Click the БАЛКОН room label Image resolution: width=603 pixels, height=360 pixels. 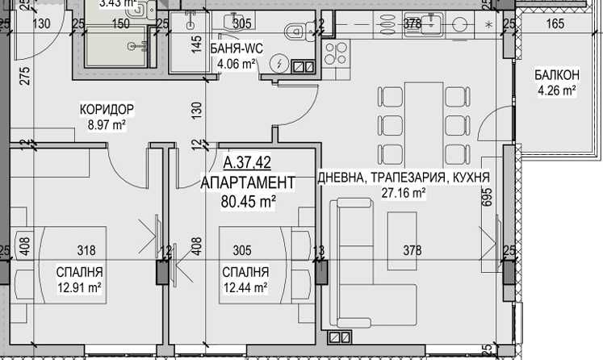pos(556,75)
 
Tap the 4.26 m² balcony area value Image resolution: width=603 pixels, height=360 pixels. pos(556,90)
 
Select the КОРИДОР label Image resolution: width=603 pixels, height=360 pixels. pos(106,109)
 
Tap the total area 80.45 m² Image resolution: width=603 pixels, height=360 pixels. pos(248,201)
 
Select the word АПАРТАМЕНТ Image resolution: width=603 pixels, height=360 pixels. pos(248,182)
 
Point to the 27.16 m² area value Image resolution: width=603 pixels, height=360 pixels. pos(404,193)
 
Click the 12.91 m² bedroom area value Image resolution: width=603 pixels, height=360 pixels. pos(79,287)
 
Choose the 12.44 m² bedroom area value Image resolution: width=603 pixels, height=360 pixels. pos(245,287)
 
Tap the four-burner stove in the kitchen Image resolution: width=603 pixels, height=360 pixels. pos(333,54)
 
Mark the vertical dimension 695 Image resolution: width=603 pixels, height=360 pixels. pos(487,197)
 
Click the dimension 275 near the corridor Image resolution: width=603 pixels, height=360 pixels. pos(24,77)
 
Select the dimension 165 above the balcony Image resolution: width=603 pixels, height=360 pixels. pos(555,23)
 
